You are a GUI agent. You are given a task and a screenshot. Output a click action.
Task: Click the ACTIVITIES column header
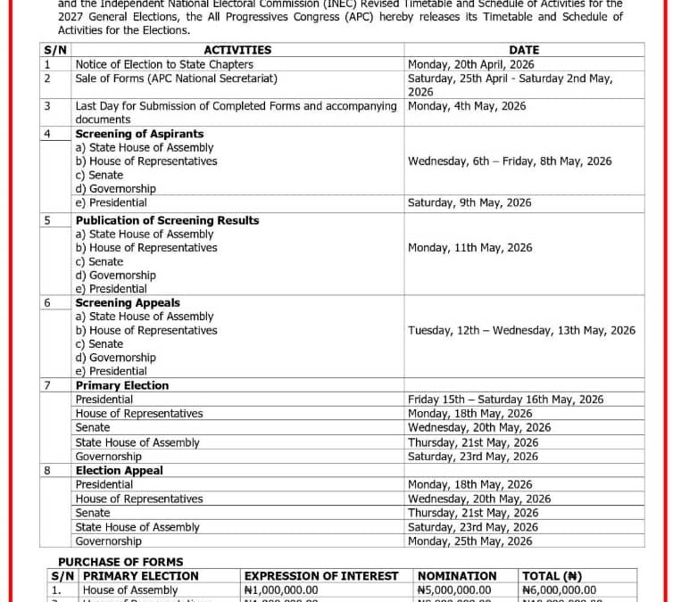[237, 50]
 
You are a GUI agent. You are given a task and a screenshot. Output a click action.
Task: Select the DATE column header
[523, 50]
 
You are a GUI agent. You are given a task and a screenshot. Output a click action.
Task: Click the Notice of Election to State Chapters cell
[164, 64]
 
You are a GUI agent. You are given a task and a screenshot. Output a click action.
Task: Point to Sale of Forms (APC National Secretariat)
[176, 78]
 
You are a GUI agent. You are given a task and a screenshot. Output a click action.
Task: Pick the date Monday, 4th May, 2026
[467, 106]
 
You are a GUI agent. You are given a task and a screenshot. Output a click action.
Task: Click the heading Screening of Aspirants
[139, 134]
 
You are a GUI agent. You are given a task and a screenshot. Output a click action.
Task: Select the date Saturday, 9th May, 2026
[469, 202]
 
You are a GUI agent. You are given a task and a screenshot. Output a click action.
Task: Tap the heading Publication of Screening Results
[167, 220]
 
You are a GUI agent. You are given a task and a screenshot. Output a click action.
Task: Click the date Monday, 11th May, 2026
[469, 248]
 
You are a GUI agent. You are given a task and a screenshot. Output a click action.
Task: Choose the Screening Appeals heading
[128, 303]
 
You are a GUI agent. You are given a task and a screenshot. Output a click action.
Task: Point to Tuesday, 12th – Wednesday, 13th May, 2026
[521, 330]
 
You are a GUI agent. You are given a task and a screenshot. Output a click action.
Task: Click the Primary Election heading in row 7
[121, 385]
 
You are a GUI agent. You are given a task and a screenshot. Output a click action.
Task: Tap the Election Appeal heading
[120, 470]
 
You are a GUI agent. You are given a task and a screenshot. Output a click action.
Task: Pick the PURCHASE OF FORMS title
[120, 562]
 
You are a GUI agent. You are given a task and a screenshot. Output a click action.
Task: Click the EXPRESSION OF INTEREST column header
[321, 576]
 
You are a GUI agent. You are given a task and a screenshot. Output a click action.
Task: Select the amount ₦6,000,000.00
[559, 590]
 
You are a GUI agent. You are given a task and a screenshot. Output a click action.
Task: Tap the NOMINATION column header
[457, 576]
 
